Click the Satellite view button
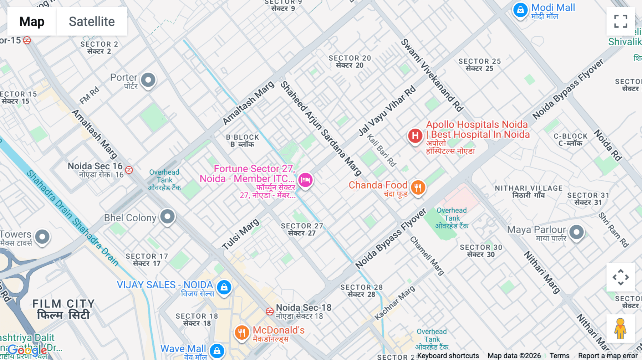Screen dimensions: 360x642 click(x=92, y=21)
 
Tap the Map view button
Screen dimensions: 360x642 click(x=32, y=21)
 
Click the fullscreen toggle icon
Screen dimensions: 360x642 click(x=621, y=21)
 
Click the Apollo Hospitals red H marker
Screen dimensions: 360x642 click(x=415, y=136)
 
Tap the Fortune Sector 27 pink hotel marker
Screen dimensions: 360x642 click(x=305, y=180)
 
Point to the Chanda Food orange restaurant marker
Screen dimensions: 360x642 click(x=418, y=187)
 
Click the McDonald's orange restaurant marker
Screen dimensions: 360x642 click(x=241, y=333)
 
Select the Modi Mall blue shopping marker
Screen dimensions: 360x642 click(x=520, y=10)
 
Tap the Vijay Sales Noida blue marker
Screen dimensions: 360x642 click(x=224, y=287)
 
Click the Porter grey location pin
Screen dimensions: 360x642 click(x=148, y=80)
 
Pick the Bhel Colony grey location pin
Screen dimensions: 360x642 click(x=167, y=216)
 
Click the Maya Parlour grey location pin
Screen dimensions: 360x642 click(x=576, y=232)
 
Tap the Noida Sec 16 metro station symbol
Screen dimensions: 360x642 click(x=129, y=170)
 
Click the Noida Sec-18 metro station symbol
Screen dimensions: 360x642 click(x=270, y=311)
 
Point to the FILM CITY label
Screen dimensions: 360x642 click(x=63, y=309)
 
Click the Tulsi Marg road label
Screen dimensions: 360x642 click(x=240, y=234)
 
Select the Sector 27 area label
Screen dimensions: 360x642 click(x=302, y=229)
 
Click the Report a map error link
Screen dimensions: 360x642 click(x=607, y=355)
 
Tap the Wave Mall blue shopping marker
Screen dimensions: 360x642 click(x=217, y=351)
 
